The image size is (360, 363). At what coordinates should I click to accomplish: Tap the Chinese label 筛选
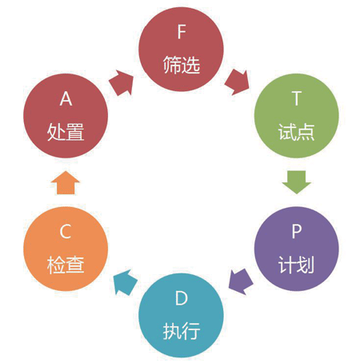tap(182, 65)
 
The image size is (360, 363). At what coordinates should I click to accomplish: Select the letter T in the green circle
tap(297, 98)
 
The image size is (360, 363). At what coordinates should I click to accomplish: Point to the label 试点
tap(297, 132)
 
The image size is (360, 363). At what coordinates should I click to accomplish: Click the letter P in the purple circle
tap(297, 231)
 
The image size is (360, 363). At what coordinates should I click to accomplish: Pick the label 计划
tap(297, 265)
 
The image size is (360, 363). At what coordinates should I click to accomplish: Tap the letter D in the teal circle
tap(182, 298)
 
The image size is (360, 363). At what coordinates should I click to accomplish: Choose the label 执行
tap(182, 331)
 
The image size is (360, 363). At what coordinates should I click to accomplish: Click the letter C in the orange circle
tap(66, 231)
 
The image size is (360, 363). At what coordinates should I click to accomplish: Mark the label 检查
tap(66, 265)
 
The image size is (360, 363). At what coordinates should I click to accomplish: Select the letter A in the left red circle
tap(66, 98)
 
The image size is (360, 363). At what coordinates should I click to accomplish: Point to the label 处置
tap(66, 132)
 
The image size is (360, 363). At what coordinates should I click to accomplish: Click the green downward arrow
tap(297, 182)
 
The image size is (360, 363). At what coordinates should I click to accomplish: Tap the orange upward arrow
tap(66, 183)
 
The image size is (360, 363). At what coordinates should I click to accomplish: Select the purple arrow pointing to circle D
tap(241, 281)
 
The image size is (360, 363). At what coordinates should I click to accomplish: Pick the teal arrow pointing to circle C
tap(125, 282)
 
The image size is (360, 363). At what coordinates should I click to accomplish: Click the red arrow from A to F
tap(122, 82)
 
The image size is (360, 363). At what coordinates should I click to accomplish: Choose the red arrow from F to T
tap(237, 82)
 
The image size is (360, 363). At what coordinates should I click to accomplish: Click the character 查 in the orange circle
tap(75, 265)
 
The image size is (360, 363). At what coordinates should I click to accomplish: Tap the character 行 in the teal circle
tap(191, 331)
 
